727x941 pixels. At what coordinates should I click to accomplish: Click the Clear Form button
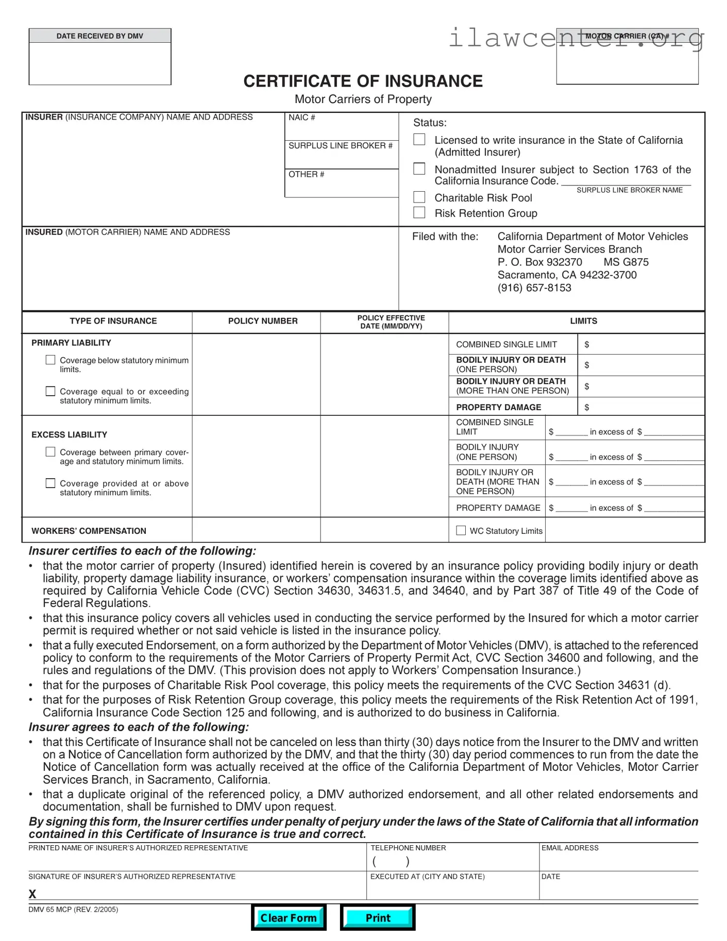click(x=289, y=917)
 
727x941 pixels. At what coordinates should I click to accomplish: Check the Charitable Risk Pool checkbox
click(x=419, y=197)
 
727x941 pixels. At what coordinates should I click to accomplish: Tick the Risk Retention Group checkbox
click(x=419, y=212)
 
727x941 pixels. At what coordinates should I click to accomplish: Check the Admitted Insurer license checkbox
click(x=419, y=140)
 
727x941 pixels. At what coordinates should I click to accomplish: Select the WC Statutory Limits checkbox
click(x=461, y=530)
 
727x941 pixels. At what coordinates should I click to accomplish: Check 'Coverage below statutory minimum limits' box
click(x=50, y=360)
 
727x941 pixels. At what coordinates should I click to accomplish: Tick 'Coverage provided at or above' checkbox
click(x=50, y=483)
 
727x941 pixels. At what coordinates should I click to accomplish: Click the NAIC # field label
click(x=301, y=117)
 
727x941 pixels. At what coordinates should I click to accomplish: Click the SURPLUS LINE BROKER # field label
click(x=340, y=146)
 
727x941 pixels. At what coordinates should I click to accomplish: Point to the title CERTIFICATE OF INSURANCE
click(x=363, y=81)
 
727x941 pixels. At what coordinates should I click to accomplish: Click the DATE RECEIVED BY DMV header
click(x=100, y=36)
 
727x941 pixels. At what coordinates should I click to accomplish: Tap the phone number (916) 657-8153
click(x=534, y=288)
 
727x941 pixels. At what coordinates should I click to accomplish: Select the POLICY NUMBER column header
click(x=263, y=321)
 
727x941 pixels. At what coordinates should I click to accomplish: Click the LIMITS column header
click(x=583, y=321)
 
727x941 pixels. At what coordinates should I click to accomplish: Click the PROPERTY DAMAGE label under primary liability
click(x=498, y=407)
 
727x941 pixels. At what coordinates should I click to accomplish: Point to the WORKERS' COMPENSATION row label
click(x=89, y=531)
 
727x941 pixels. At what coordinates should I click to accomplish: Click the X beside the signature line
click(x=32, y=894)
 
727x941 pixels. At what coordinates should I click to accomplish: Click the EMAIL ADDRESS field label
click(x=570, y=848)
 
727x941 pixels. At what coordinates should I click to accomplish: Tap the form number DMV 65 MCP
click(x=50, y=910)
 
